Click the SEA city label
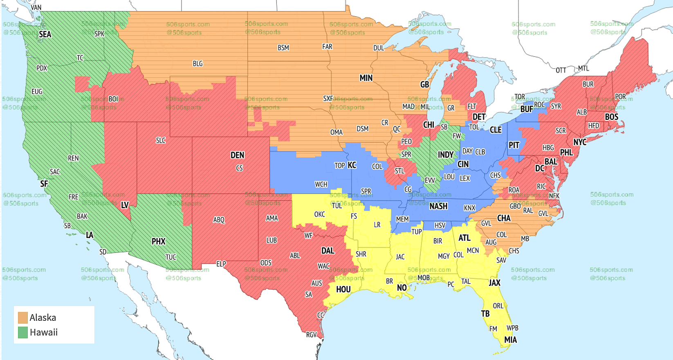click(x=45, y=34)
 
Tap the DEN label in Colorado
click(x=237, y=155)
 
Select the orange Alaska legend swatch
click(x=23, y=317)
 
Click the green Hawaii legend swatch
click(x=23, y=332)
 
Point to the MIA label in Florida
click(x=510, y=340)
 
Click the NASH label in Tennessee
click(x=438, y=206)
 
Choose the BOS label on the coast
click(x=612, y=117)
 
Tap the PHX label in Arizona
click(x=159, y=241)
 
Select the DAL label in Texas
click(x=328, y=251)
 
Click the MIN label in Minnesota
click(x=366, y=78)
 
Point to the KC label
click(x=352, y=165)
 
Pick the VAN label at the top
click(x=36, y=7)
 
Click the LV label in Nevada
click(x=125, y=205)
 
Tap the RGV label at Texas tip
click(x=312, y=335)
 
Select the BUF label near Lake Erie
click(x=527, y=109)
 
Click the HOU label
click(x=343, y=289)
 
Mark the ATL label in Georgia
click(x=464, y=238)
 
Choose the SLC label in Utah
click(x=161, y=140)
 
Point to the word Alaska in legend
click(x=43, y=317)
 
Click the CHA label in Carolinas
click(x=504, y=218)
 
